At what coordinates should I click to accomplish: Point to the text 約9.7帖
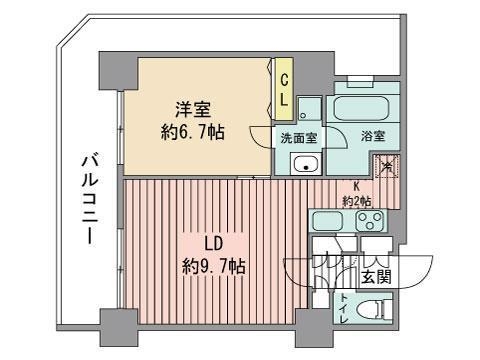[x=215, y=267]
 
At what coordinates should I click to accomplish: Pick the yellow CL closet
[x=285, y=91]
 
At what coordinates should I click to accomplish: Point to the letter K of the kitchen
[x=356, y=185]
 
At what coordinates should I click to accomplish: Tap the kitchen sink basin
[x=328, y=221]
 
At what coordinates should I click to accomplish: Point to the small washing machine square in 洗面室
[x=308, y=109]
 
